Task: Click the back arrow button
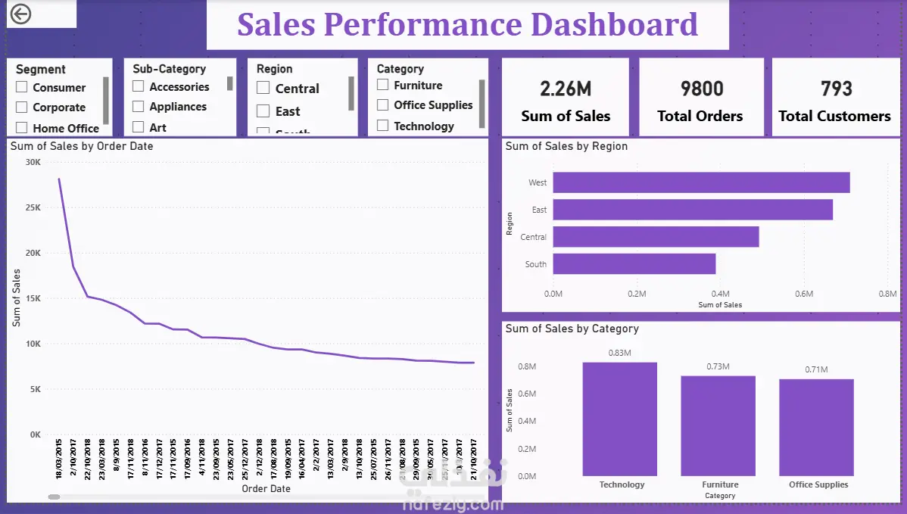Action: coord(21,14)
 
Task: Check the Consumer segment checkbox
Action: coord(21,88)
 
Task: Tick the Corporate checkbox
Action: coord(21,107)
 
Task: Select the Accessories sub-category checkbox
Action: coord(138,87)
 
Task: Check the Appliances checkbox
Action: coord(138,107)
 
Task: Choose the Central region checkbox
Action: coord(263,89)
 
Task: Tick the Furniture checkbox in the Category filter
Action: coord(382,86)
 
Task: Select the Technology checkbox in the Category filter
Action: coord(382,126)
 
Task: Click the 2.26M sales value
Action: coord(566,89)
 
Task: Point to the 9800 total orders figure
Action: coord(701,89)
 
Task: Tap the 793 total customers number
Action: coord(836,89)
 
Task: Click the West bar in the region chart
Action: coord(701,182)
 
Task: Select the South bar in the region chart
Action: coord(634,264)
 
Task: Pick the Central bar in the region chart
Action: coord(656,237)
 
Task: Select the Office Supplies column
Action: coord(817,427)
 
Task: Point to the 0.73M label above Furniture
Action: coord(718,367)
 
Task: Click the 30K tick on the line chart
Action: coord(33,162)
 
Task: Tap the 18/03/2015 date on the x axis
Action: coord(59,457)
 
